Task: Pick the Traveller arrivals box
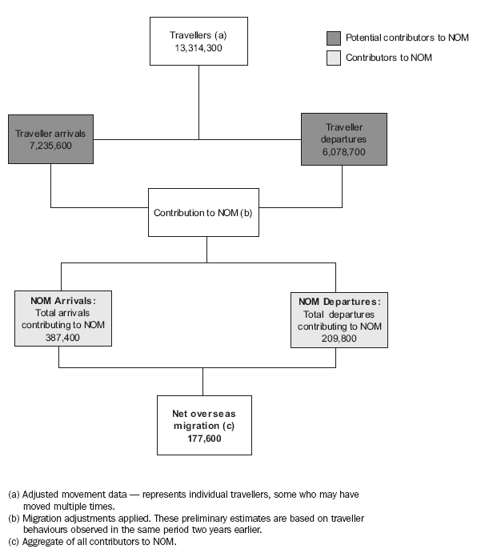(x=50, y=138)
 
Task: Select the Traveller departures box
(x=343, y=138)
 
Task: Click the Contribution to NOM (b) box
(x=203, y=212)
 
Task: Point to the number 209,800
(x=339, y=338)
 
